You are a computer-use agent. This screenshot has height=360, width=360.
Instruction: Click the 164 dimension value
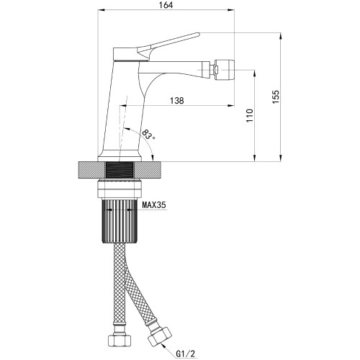click(x=166, y=5)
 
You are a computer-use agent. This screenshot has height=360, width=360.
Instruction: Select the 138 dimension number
click(x=177, y=100)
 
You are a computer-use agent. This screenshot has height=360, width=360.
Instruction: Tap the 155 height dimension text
click(x=276, y=96)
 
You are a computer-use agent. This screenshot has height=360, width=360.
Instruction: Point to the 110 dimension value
click(x=250, y=115)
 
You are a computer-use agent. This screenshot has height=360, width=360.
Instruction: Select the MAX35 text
click(x=154, y=205)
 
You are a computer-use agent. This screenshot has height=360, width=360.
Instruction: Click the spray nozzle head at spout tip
click(x=225, y=70)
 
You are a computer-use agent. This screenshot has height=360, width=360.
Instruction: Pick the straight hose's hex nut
click(x=120, y=340)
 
